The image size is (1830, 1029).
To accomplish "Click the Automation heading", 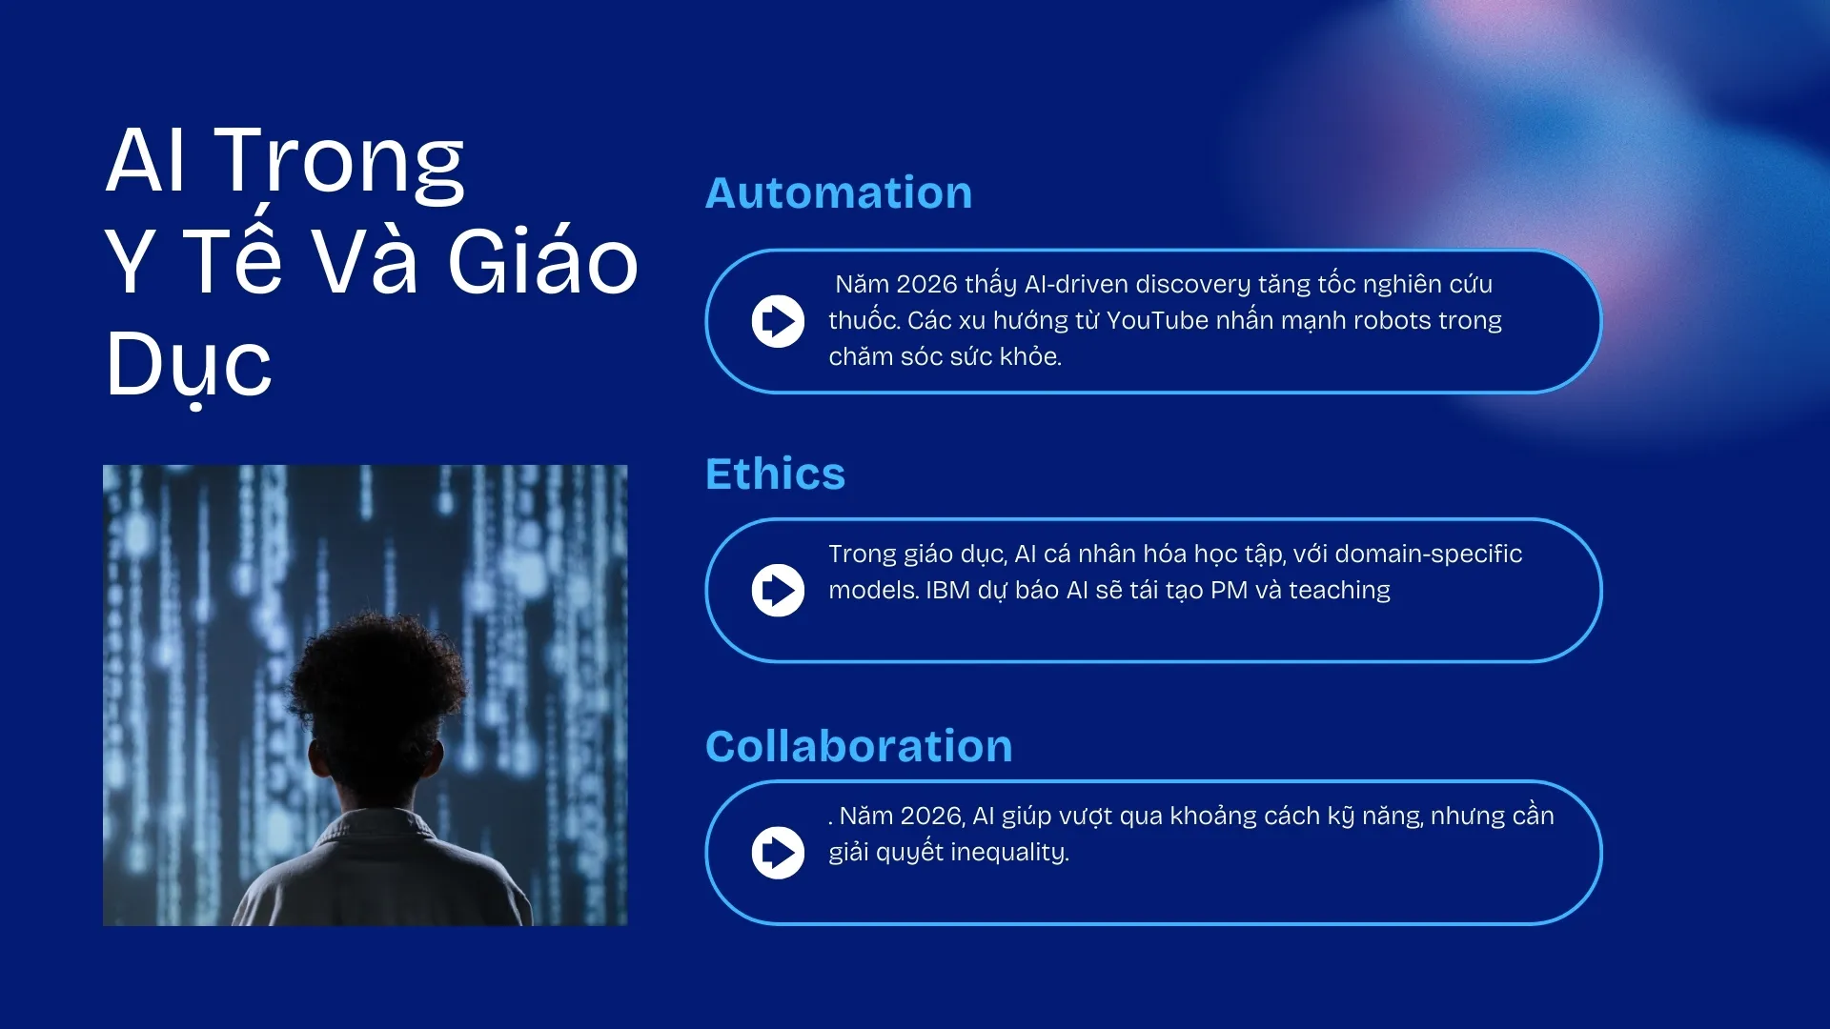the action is click(839, 192).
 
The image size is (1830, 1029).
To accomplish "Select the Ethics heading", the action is click(775, 474).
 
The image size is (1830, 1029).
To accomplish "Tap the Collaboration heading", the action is click(859, 745).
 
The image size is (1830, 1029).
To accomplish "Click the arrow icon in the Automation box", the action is click(778, 321).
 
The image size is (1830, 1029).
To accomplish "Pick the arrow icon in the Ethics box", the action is click(778, 591).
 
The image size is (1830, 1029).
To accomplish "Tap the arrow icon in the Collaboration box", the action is click(778, 853).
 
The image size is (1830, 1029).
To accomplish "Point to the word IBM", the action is click(947, 591).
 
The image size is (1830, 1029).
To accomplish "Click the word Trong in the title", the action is click(339, 162).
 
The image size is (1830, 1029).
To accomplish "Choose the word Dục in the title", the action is click(189, 368).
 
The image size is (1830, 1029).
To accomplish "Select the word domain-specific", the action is click(1429, 555).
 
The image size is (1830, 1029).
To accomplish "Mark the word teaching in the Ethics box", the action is click(1340, 591).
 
